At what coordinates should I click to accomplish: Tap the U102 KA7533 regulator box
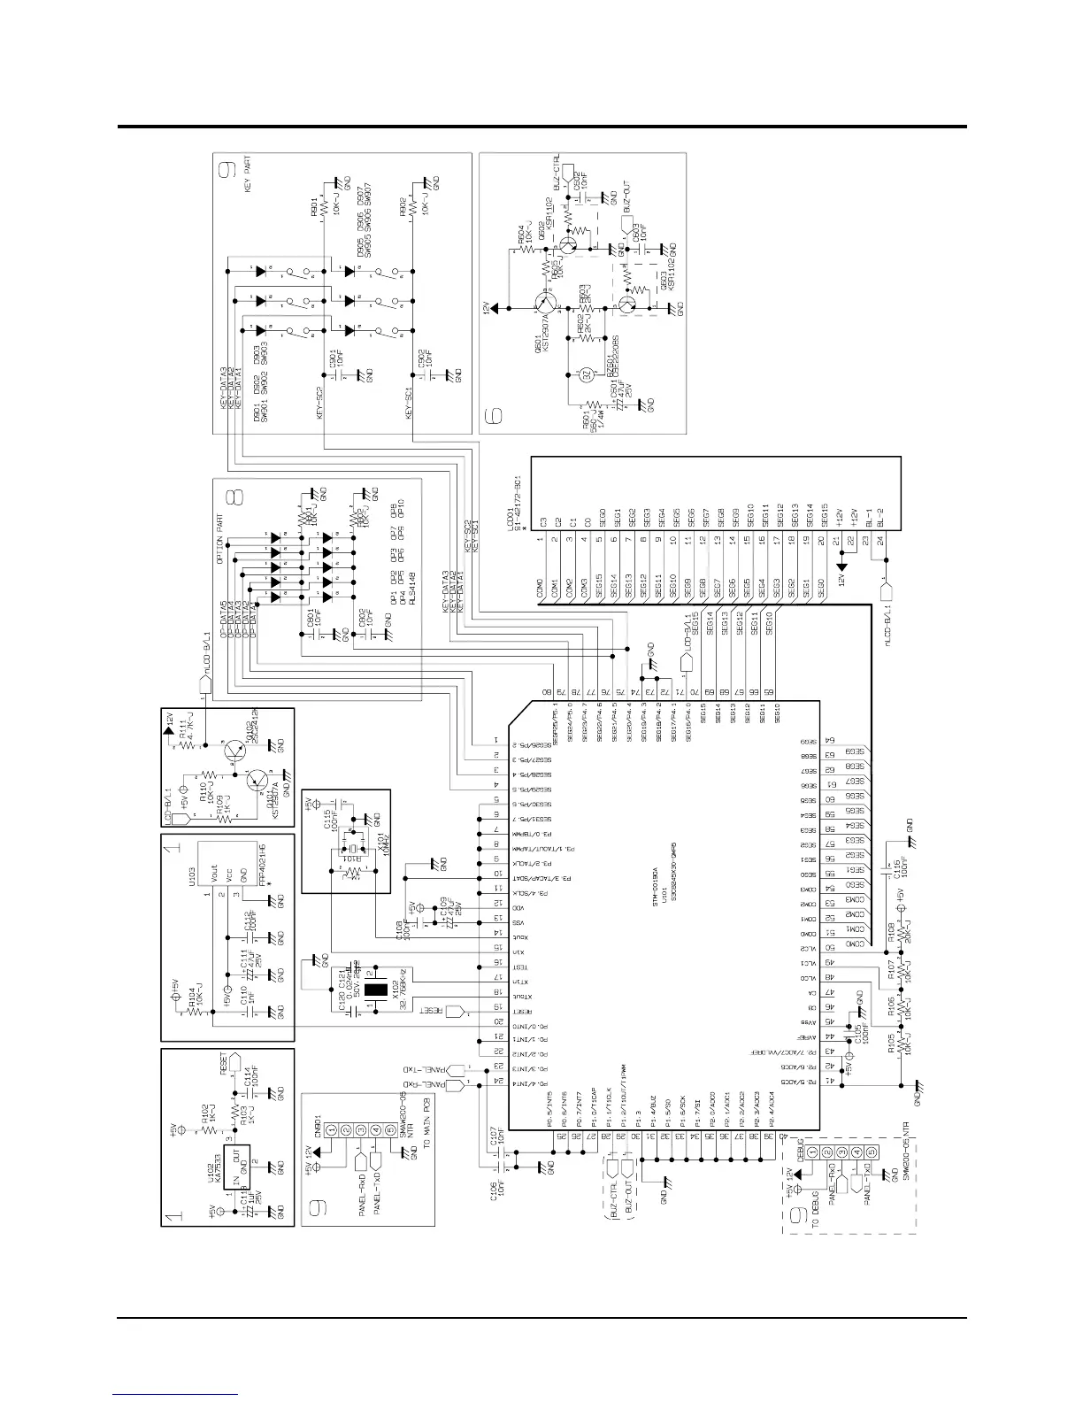(x=238, y=1166)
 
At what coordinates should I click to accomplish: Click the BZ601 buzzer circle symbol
(x=586, y=374)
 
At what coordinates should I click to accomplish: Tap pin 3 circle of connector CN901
(x=361, y=1130)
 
